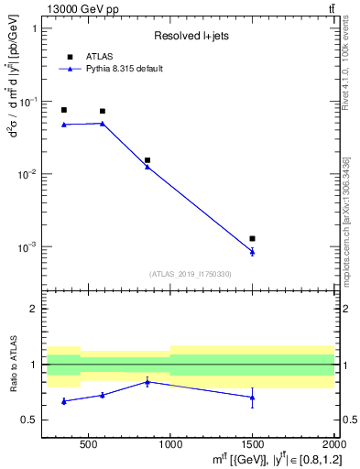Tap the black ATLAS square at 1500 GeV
point(252,238)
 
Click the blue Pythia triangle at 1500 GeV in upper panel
point(252,251)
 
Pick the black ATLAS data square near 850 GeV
point(147,160)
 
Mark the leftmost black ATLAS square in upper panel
point(63,110)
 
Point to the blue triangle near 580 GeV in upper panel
point(102,123)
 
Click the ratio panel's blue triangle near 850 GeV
point(147,381)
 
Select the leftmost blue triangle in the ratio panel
point(63,401)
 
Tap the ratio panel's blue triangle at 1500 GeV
point(252,397)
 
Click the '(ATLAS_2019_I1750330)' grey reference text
point(191,274)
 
